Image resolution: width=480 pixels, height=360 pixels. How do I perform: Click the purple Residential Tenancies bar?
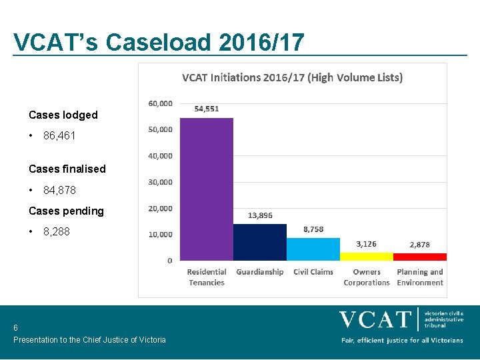coord(207,189)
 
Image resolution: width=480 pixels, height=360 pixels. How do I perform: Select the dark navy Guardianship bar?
coord(259,242)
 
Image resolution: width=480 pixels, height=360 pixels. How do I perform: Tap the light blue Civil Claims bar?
coord(313,249)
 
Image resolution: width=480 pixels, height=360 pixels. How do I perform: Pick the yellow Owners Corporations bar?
coord(367,256)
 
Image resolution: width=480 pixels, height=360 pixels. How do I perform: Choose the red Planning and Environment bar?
coord(420,257)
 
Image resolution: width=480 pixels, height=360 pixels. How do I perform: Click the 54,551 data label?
coord(207,109)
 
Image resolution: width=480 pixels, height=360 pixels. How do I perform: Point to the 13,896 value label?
coord(260,215)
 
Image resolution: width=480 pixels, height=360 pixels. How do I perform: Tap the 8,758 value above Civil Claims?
coord(313,229)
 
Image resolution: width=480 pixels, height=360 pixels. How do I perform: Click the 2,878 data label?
coord(420,245)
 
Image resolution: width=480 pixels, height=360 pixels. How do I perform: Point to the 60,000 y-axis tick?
coord(160,103)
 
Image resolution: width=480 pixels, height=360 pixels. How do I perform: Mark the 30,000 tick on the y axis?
coord(160,182)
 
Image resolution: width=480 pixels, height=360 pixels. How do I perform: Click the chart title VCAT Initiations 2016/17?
coord(293,77)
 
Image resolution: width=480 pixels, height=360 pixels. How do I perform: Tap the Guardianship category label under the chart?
coord(260,272)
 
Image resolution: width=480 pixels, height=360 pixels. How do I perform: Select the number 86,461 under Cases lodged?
coord(59,135)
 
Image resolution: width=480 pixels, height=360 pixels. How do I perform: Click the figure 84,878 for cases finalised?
coord(59,190)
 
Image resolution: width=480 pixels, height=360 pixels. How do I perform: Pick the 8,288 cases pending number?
coord(57,232)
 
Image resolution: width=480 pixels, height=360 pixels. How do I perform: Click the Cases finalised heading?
coord(67,169)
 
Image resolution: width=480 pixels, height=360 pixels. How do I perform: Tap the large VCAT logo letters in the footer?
coord(375,320)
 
